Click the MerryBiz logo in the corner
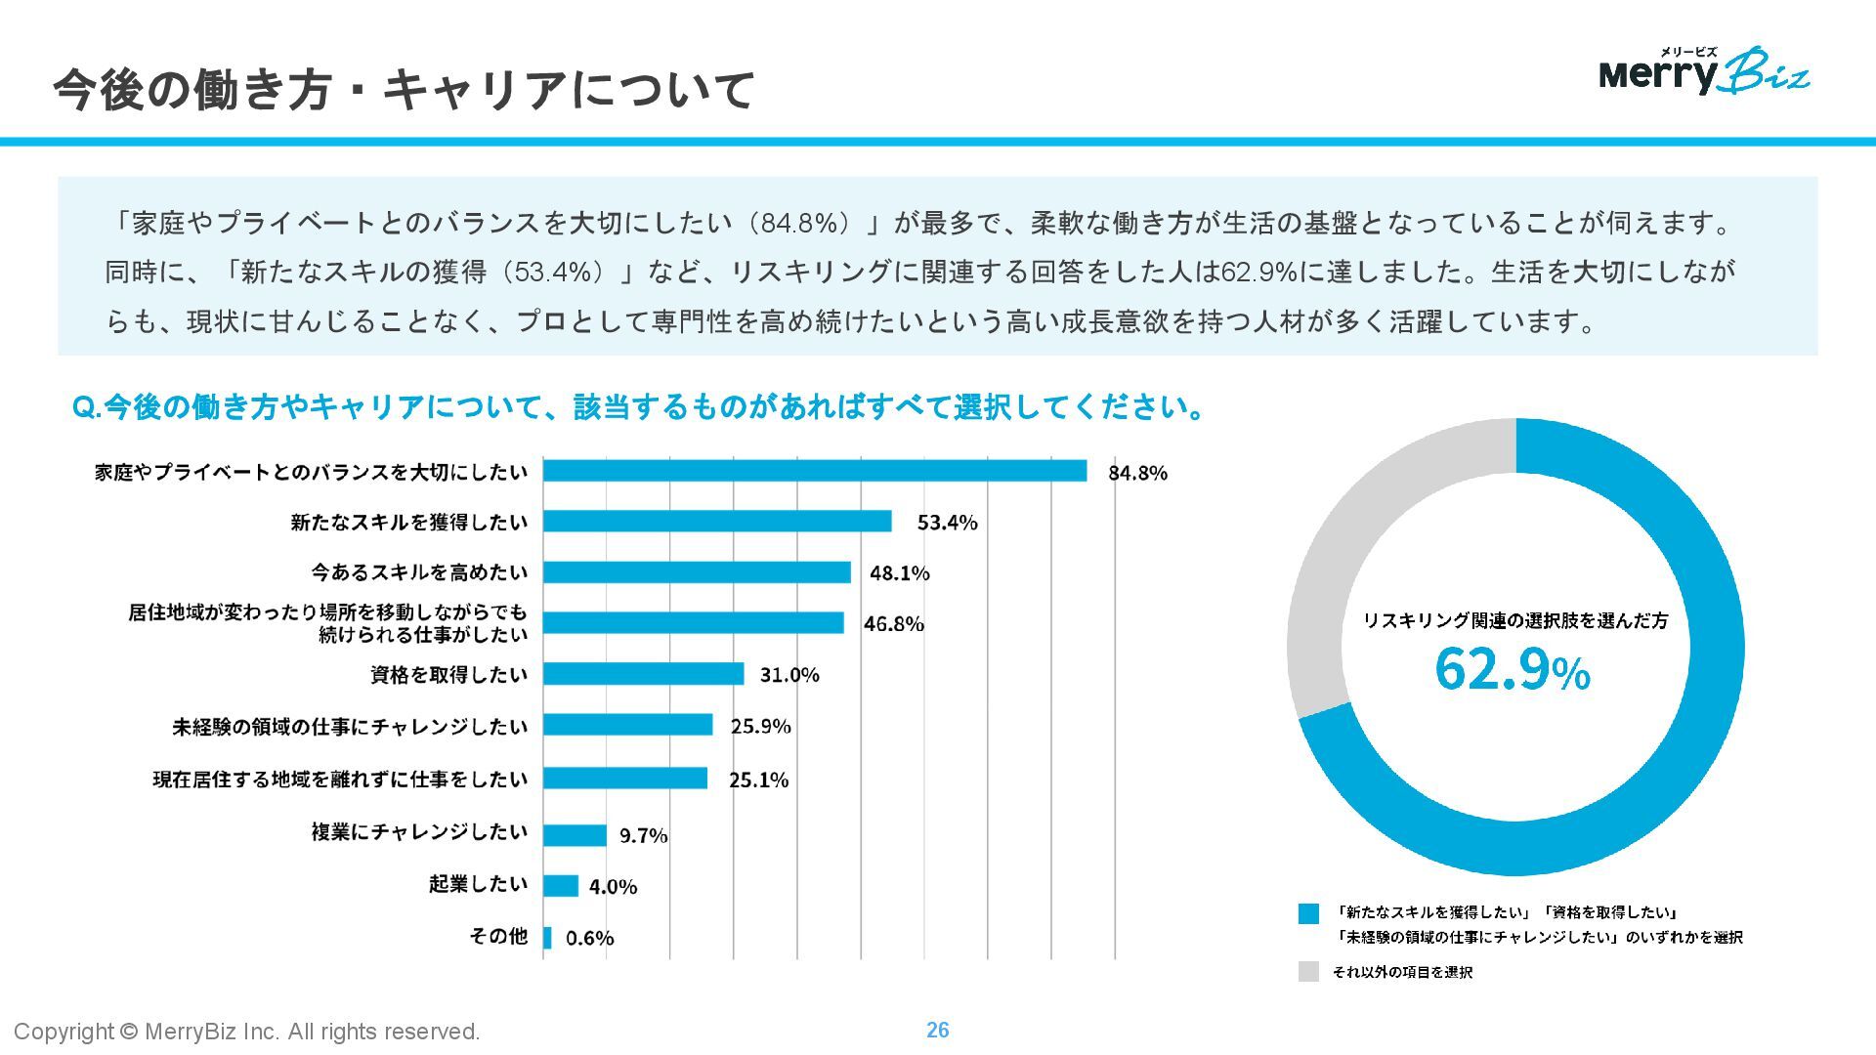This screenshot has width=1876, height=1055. coord(1704,71)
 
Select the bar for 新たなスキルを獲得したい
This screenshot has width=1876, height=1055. coord(717,522)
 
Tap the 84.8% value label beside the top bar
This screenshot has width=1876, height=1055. coord(1137,473)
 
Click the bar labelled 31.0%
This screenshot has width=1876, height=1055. coord(644,674)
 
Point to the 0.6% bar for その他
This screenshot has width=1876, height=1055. coord(547,938)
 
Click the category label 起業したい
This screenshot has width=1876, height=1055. coord(478,884)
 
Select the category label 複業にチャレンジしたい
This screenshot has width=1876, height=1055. coord(419,832)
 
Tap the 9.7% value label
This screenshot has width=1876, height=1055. coord(643,835)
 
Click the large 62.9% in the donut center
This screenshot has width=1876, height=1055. coord(1512,670)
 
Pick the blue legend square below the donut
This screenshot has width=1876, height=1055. coord(1308,913)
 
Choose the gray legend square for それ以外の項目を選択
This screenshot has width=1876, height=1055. coord(1308,972)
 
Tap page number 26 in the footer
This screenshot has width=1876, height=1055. coord(937,1030)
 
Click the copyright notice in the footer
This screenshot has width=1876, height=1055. coord(247,1032)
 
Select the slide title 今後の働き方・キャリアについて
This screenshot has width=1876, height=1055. coord(404,90)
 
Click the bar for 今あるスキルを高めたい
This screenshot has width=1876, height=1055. coord(697,572)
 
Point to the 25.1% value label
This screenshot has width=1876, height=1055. coord(758,780)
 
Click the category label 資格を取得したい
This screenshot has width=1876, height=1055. coord(448,675)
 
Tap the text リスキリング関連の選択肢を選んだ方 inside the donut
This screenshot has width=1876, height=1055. coord(1515,620)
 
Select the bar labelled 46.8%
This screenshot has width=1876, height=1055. coord(694,623)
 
